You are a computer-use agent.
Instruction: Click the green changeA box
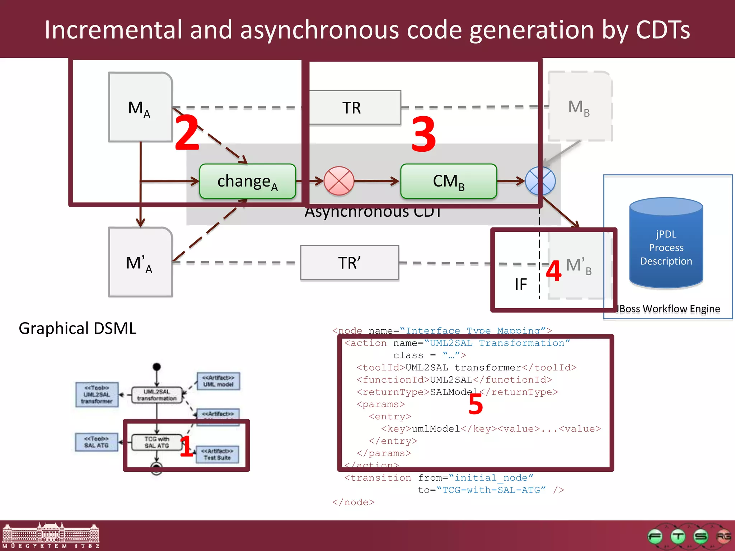tap(247, 181)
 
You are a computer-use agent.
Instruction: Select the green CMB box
tap(448, 181)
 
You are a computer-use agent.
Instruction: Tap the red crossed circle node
tap(338, 181)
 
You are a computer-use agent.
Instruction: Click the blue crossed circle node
tap(540, 181)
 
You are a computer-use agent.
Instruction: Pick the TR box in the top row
tap(354, 108)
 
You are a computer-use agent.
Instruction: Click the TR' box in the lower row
tap(350, 263)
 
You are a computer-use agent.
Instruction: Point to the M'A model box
tap(140, 262)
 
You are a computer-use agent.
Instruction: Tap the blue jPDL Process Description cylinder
tap(666, 244)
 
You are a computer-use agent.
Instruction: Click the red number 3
tap(423, 134)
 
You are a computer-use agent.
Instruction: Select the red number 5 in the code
tap(476, 404)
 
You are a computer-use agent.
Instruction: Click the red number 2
tap(187, 133)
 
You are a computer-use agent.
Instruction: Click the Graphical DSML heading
tap(78, 328)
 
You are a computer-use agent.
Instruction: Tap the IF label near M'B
tap(520, 284)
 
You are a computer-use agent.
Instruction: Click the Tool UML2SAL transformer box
tap(97, 395)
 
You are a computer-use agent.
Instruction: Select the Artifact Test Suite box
tap(217, 454)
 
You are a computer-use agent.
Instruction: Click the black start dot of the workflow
tap(156, 367)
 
